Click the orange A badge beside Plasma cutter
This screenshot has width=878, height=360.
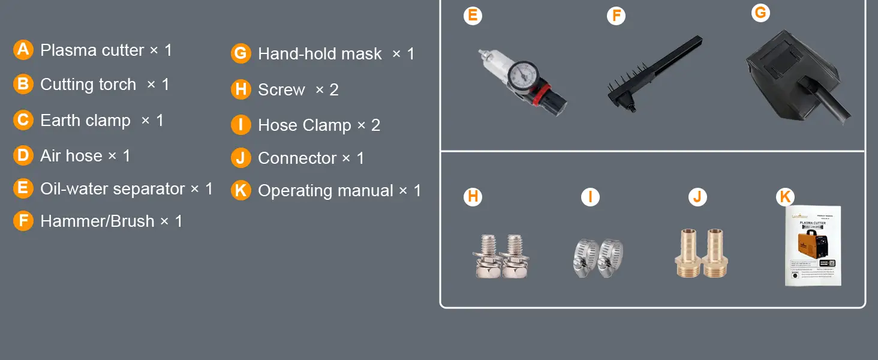coord(23,49)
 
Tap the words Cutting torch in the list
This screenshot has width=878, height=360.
coord(88,85)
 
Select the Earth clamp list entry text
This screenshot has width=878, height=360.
coord(85,121)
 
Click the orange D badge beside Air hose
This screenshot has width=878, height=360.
coord(23,155)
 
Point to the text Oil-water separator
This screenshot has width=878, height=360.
coord(112,188)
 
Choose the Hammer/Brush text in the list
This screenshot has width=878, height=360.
coord(97,221)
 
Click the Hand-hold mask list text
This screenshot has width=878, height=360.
coord(320,54)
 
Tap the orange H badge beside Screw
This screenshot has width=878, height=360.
coord(240,89)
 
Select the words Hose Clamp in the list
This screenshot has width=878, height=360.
coord(305,125)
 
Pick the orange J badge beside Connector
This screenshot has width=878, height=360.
coord(240,158)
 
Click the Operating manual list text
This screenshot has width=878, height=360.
coord(326,191)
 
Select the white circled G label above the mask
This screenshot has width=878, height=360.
coord(760,13)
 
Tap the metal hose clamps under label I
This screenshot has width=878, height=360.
coord(598,258)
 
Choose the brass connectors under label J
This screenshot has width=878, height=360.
coord(702,253)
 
